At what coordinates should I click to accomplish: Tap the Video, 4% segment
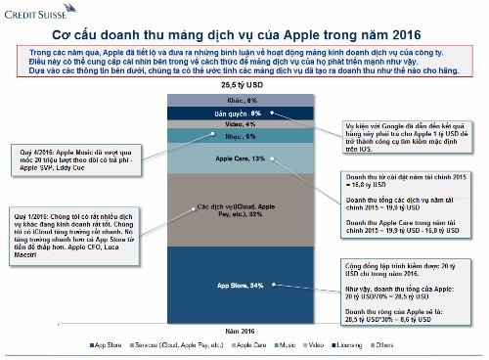point(244,125)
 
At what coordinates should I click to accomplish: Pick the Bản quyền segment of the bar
point(244,113)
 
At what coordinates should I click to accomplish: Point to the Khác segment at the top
point(244,101)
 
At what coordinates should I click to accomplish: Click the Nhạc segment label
point(244,137)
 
